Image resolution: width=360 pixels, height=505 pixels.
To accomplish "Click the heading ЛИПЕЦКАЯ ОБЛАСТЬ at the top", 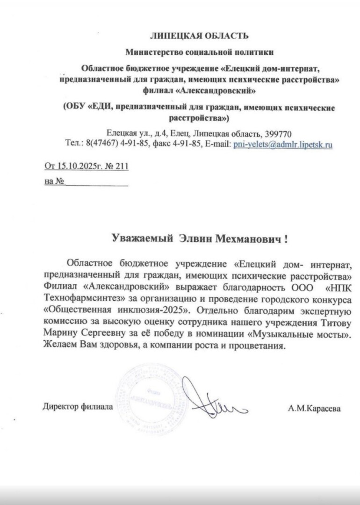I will point(199,36).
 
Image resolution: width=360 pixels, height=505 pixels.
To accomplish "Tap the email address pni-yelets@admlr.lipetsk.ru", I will point(283,145).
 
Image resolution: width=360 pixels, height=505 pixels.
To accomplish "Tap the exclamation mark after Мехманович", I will point(286,239).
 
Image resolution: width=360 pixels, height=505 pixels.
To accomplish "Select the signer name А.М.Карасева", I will point(314,408).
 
